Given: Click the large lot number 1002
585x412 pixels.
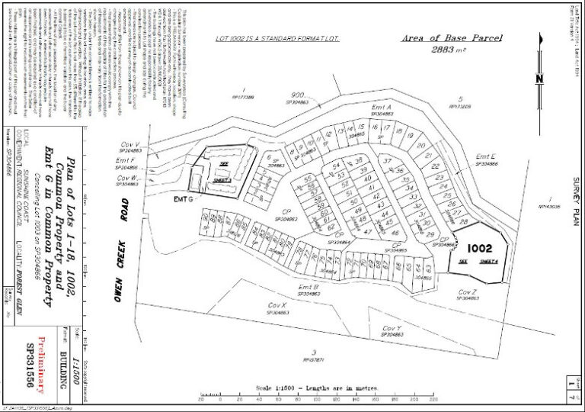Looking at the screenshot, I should coord(480,248).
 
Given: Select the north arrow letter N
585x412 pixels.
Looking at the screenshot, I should coord(539,78).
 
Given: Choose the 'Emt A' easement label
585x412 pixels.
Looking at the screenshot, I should coord(381,108).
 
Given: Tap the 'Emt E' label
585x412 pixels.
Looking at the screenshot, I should coord(486,156).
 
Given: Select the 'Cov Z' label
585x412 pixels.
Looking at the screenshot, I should coord(468,291).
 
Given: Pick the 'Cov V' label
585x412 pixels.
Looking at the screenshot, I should coord(129,144).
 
